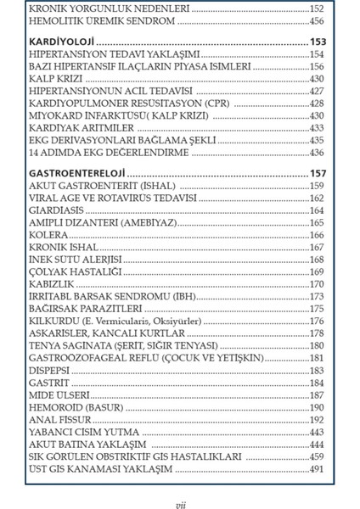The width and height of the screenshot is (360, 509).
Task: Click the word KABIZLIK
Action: pyautogui.click(x=51, y=283)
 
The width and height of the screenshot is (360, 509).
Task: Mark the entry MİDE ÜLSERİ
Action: pyautogui.click(x=58, y=394)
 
